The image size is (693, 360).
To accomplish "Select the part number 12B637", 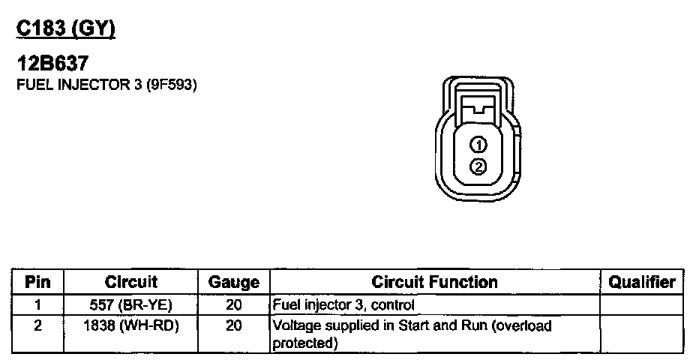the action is (x=52, y=66).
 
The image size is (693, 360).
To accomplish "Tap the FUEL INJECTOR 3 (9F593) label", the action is (x=106, y=85).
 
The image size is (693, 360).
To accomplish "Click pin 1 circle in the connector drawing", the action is (x=478, y=145).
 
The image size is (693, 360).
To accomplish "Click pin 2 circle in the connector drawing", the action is (x=478, y=166).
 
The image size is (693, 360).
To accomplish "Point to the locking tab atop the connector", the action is (x=478, y=104).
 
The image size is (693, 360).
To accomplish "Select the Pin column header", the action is (x=37, y=283).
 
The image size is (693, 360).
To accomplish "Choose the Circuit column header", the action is (x=131, y=283).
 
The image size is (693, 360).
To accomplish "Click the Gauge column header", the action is (x=233, y=283).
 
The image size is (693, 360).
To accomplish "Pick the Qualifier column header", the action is (x=642, y=283).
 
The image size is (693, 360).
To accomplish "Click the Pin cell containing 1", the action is (x=37, y=305).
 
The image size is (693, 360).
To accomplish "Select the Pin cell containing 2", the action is (x=37, y=326).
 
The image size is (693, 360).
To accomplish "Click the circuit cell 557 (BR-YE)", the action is (x=131, y=305).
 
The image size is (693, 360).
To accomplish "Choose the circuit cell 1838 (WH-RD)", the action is (x=131, y=326).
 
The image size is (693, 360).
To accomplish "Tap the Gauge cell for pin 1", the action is (x=233, y=305).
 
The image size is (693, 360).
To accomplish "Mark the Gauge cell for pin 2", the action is (x=233, y=326).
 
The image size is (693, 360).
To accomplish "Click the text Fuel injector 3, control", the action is (x=343, y=305).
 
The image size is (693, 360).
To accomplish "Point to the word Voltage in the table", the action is (x=295, y=326).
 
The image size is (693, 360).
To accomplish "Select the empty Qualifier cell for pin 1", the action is (x=642, y=305).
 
